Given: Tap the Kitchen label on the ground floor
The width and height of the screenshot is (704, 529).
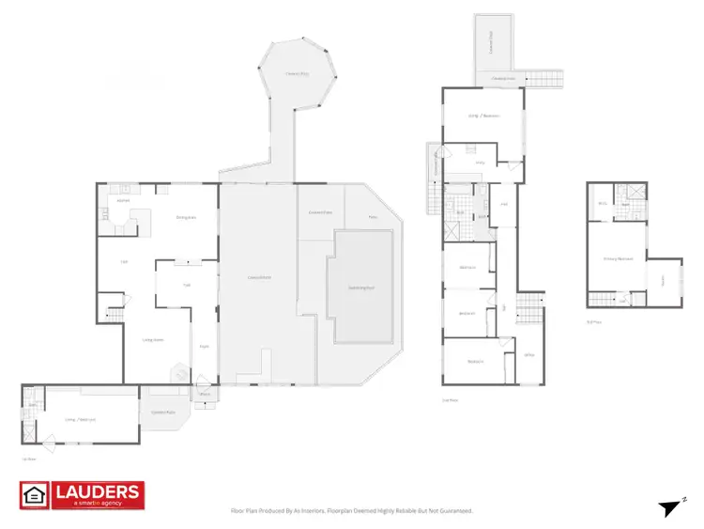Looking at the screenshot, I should point(122,200).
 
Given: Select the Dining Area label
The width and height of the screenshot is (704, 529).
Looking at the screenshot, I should point(187,217).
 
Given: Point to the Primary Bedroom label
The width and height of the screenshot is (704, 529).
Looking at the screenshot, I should point(618,257).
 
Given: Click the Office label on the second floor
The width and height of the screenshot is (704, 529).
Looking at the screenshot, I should point(529,355).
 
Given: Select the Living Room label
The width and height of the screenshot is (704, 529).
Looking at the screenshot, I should point(153,339).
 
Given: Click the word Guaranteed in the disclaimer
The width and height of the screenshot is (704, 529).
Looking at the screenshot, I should point(452,511).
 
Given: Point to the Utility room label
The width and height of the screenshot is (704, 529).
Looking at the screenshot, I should point(480,163).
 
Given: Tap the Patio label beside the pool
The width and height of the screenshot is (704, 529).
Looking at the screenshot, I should point(372,216).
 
